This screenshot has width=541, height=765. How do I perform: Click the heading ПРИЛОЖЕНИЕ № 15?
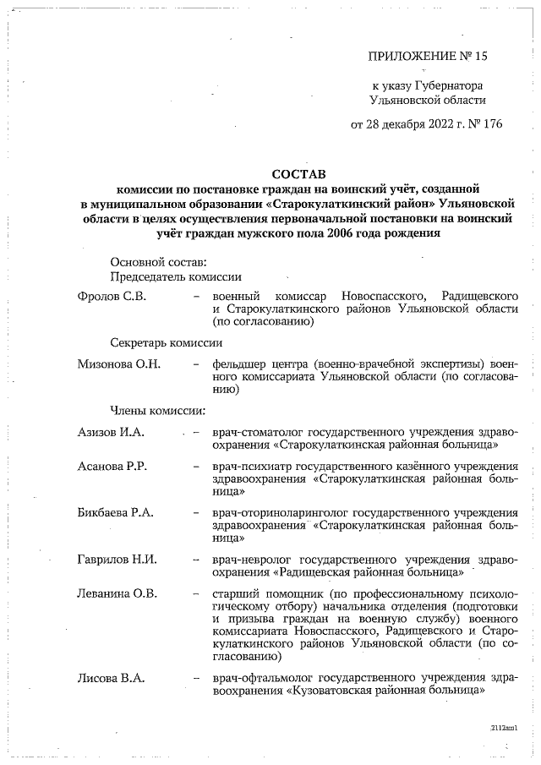click(x=429, y=57)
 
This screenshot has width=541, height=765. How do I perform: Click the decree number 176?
click(x=492, y=124)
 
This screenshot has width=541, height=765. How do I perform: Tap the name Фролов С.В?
click(x=112, y=297)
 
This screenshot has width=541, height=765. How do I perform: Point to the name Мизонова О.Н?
click(x=118, y=363)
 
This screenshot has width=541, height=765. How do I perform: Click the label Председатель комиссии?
click(x=176, y=276)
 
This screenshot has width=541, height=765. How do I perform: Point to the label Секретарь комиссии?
click(x=167, y=343)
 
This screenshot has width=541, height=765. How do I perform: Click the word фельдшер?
click(x=242, y=363)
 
